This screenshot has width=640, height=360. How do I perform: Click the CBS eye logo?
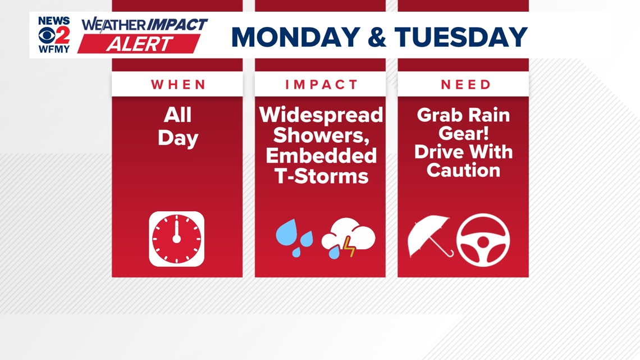(x=47, y=35)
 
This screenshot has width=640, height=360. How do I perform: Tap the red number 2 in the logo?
(x=62, y=35)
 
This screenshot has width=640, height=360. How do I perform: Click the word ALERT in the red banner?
(x=140, y=44)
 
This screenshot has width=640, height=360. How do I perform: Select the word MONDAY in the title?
(x=296, y=37)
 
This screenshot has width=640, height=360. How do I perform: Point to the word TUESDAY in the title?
(x=461, y=37)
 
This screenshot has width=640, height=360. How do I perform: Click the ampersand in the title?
(x=377, y=37)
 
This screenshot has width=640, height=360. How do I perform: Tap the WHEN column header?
(x=178, y=84)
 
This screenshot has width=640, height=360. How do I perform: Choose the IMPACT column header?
(x=321, y=84)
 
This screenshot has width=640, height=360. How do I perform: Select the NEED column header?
(x=465, y=84)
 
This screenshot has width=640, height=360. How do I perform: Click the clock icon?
(x=177, y=239)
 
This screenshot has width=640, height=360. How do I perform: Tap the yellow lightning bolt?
(x=349, y=247)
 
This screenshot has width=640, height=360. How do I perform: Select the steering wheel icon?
(x=483, y=240)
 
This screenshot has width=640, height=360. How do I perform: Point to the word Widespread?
(x=321, y=115)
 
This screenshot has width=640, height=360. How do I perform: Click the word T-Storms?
(x=321, y=176)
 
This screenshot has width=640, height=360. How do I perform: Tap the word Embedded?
(x=321, y=156)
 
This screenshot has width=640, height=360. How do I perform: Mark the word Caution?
(x=463, y=170)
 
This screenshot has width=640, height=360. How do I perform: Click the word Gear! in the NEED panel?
(x=463, y=134)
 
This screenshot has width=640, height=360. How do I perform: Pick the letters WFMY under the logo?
(x=54, y=49)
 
